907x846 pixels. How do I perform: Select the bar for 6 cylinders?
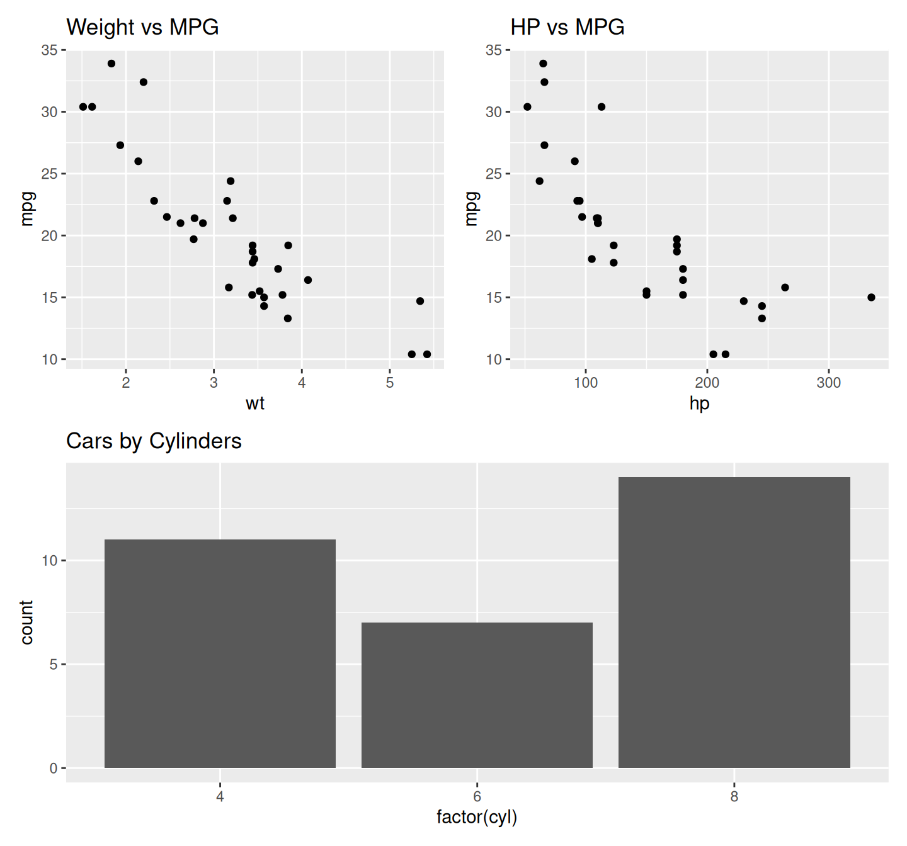click(x=477, y=695)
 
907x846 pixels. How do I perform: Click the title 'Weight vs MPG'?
click(x=142, y=27)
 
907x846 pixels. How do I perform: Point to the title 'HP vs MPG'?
click(x=567, y=27)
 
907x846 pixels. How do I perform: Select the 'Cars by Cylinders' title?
click(x=154, y=441)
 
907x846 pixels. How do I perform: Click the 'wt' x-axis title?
click(x=255, y=403)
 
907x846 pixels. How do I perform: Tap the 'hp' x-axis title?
click(x=699, y=403)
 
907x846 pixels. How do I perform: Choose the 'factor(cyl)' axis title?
click(x=477, y=817)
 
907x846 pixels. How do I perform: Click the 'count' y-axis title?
click(x=26, y=622)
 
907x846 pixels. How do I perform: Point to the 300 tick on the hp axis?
click(x=828, y=383)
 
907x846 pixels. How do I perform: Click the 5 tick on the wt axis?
click(x=390, y=383)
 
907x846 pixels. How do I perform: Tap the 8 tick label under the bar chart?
click(x=734, y=796)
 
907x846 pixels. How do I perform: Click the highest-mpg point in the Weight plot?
click(x=111, y=64)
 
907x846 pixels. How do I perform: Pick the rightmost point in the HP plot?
click(x=871, y=297)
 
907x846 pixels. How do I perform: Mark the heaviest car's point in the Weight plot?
click(x=427, y=354)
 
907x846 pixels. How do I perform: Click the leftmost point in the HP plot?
click(x=527, y=107)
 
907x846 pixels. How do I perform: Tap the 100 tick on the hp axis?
click(x=586, y=383)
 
